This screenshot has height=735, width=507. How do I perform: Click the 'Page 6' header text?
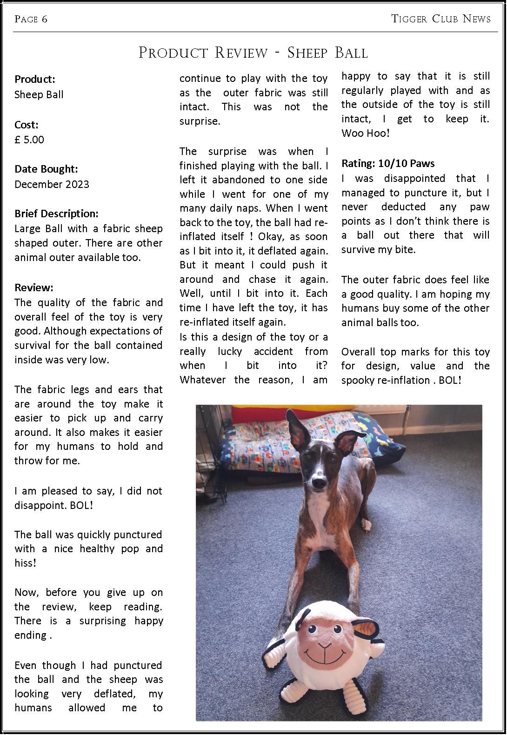click(x=31, y=19)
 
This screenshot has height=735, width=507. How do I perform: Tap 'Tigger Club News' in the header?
click(x=440, y=19)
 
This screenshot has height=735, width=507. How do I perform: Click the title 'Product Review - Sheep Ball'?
click(x=253, y=53)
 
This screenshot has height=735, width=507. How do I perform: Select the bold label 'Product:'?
click(x=35, y=79)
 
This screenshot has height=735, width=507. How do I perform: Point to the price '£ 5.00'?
click(x=29, y=140)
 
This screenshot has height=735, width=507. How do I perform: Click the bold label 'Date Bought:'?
click(x=46, y=169)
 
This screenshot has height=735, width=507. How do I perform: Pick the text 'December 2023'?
click(x=52, y=184)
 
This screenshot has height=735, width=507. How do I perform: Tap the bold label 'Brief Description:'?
click(x=56, y=214)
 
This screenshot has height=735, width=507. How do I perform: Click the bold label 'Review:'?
click(x=34, y=287)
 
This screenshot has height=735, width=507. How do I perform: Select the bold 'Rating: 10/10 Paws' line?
click(x=388, y=163)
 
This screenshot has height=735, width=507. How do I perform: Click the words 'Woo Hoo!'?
click(x=365, y=133)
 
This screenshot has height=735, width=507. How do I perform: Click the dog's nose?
click(x=318, y=484)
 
